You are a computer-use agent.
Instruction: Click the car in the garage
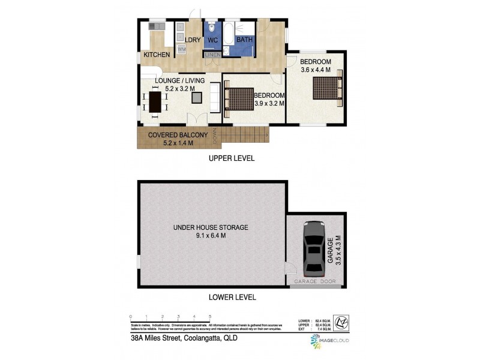point(313,247)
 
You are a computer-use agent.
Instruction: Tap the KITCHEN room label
point(156,55)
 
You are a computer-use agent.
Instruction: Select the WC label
point(212,40)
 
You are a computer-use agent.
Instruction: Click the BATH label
point(244,40)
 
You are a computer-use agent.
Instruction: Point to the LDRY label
point(192,40)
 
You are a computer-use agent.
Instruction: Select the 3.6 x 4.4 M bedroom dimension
point(316,70)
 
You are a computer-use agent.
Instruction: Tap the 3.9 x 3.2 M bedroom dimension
point(268,103)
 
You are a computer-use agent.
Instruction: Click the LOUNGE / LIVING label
point(180,80)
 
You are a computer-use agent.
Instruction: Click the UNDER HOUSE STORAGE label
point(211,227)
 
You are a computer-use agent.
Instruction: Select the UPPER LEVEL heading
point(232,158)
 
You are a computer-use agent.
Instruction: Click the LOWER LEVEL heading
point(232,297)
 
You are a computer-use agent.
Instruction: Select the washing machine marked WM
point(181,49)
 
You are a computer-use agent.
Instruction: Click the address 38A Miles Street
point(183,338)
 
